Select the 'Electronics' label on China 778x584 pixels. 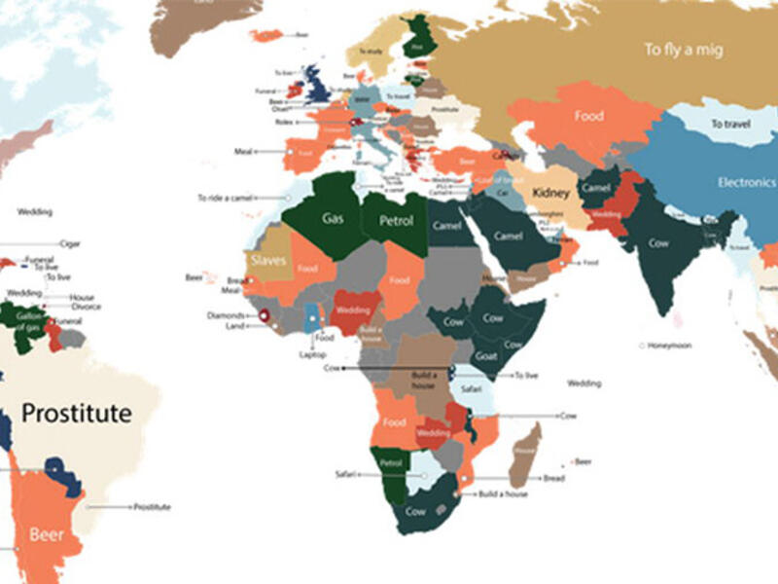point(746,182)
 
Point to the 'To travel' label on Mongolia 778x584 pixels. point(729,125)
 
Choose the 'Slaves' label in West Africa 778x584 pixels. point(267,261)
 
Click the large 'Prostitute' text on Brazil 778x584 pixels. point(76,414)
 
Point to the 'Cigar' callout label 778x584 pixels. point(70,243)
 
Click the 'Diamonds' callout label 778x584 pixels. point(226,315)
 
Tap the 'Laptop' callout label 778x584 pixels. point(312,354)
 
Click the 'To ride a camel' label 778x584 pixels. point(225,198)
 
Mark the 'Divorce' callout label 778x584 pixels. point(85,307)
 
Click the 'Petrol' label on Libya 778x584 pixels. point(396,221)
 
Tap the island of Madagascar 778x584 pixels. point(525,453)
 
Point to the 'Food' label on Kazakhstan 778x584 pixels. point(588,116)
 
